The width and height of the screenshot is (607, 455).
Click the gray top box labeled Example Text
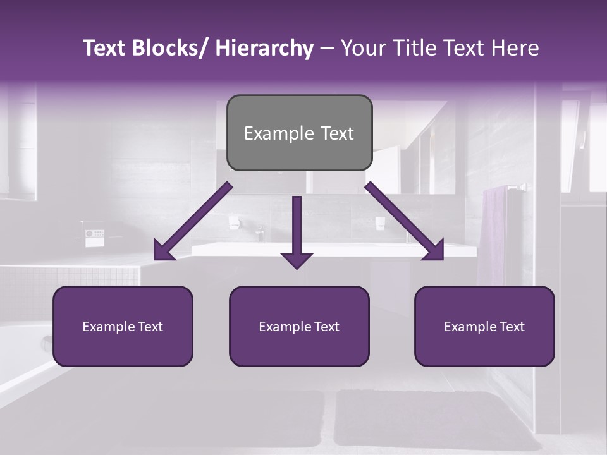click(x=299, y=133)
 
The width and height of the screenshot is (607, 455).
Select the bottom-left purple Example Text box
click(x=123, y=326)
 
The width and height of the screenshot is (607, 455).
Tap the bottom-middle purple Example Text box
click(x=299, y=326)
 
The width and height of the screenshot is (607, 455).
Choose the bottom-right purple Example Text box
click(x=484, y=326)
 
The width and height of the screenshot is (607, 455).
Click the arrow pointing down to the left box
click(x=193, y=221)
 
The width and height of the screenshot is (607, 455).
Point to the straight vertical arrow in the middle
click(x=297, y=227)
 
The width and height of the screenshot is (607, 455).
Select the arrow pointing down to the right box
click(x=405, y=221)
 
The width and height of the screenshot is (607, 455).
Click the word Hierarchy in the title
click(x=264, y=48)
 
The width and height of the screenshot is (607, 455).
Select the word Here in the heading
click(x=517, y=48)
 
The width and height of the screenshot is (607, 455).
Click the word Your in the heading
click(x=362, y=48)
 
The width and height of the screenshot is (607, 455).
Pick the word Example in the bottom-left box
click(x=108, y=326)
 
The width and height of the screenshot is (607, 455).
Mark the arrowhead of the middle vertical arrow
click(x=297, y=260)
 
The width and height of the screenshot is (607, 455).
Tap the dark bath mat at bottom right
click(x=436, y=417)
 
